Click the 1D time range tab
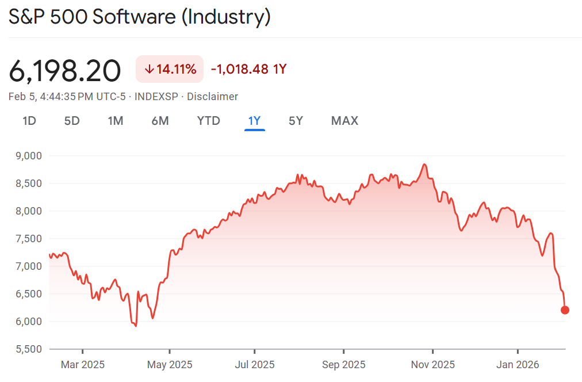29,121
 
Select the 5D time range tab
72,121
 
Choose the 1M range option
116,121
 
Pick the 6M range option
160,121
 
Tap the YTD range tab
208,121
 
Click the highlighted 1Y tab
254,121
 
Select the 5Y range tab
296,121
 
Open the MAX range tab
344,121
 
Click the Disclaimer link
212,97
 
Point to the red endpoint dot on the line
565,310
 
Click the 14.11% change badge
170,70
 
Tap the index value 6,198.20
65,71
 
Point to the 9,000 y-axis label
29,156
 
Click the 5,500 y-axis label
29,349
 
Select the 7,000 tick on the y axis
29,266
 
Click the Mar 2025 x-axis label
82,365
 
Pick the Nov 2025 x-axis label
432,365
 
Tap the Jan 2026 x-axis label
518,365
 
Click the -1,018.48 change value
240,70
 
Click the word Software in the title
134,17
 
